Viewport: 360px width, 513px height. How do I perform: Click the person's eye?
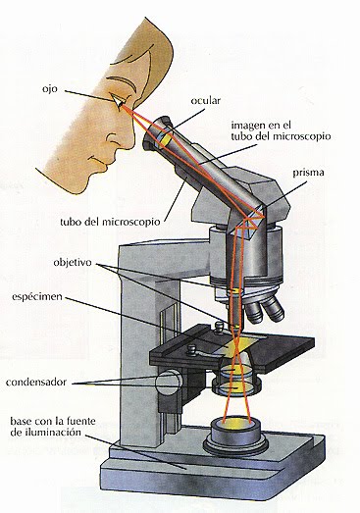[x=119, y=101]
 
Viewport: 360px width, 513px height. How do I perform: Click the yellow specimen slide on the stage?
[x=241, y=341]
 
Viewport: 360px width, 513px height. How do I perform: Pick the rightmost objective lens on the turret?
[x=275, y=310]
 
